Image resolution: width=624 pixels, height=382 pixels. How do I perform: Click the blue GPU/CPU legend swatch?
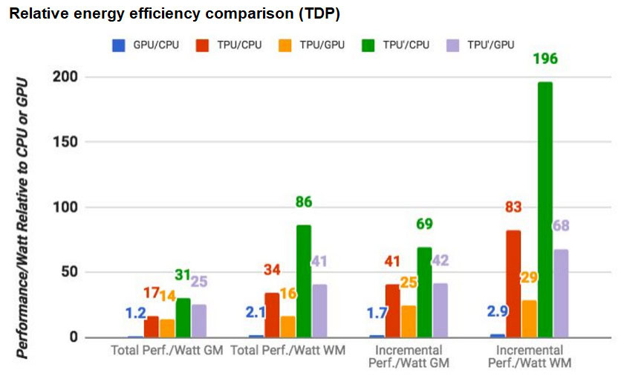tap(116, 46)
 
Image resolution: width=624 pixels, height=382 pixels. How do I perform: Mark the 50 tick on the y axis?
tap(72, 272)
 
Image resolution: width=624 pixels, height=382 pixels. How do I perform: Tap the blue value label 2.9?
tap(498, 311)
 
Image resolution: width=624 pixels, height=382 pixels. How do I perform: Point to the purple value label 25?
tap(198, 282)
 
